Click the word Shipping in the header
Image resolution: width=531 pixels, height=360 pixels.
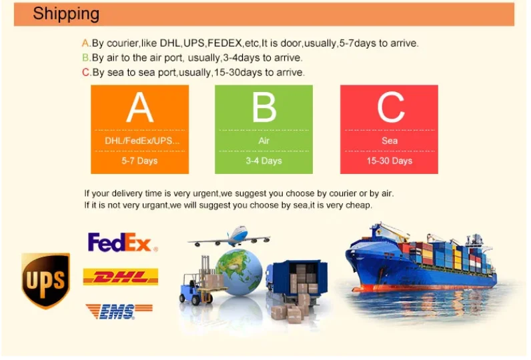[x=66, y=15]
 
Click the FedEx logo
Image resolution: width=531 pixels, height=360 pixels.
[x=123, y=242]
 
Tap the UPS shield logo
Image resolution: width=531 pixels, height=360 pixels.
[x=46, y=281]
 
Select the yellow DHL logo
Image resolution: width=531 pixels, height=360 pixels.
[x=121, y=277]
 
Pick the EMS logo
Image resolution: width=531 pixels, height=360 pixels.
[x=119, y=311]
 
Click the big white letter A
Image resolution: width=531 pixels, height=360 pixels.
[x=140, y=107]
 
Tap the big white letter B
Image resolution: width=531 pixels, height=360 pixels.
[x=264, y=107]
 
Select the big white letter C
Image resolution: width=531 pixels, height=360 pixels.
[x=391, y=107]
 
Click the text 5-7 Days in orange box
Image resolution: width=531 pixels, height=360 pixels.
[x=139, y=161]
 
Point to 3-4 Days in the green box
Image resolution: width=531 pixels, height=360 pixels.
[x=263, y=161]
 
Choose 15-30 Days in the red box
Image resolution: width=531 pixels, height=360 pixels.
[x=390, y=161]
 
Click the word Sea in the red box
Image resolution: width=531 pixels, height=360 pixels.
[x=390, y=141]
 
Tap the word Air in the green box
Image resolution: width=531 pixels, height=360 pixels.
[x=263, y=141]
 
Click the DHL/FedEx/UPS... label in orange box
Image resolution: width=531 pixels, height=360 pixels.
[x=142, y=141]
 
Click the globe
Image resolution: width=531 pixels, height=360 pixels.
[x=239, y=272]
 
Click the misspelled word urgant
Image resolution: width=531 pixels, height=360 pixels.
[x=157, y=206]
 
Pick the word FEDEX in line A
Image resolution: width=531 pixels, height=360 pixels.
[x=225, y=43]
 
